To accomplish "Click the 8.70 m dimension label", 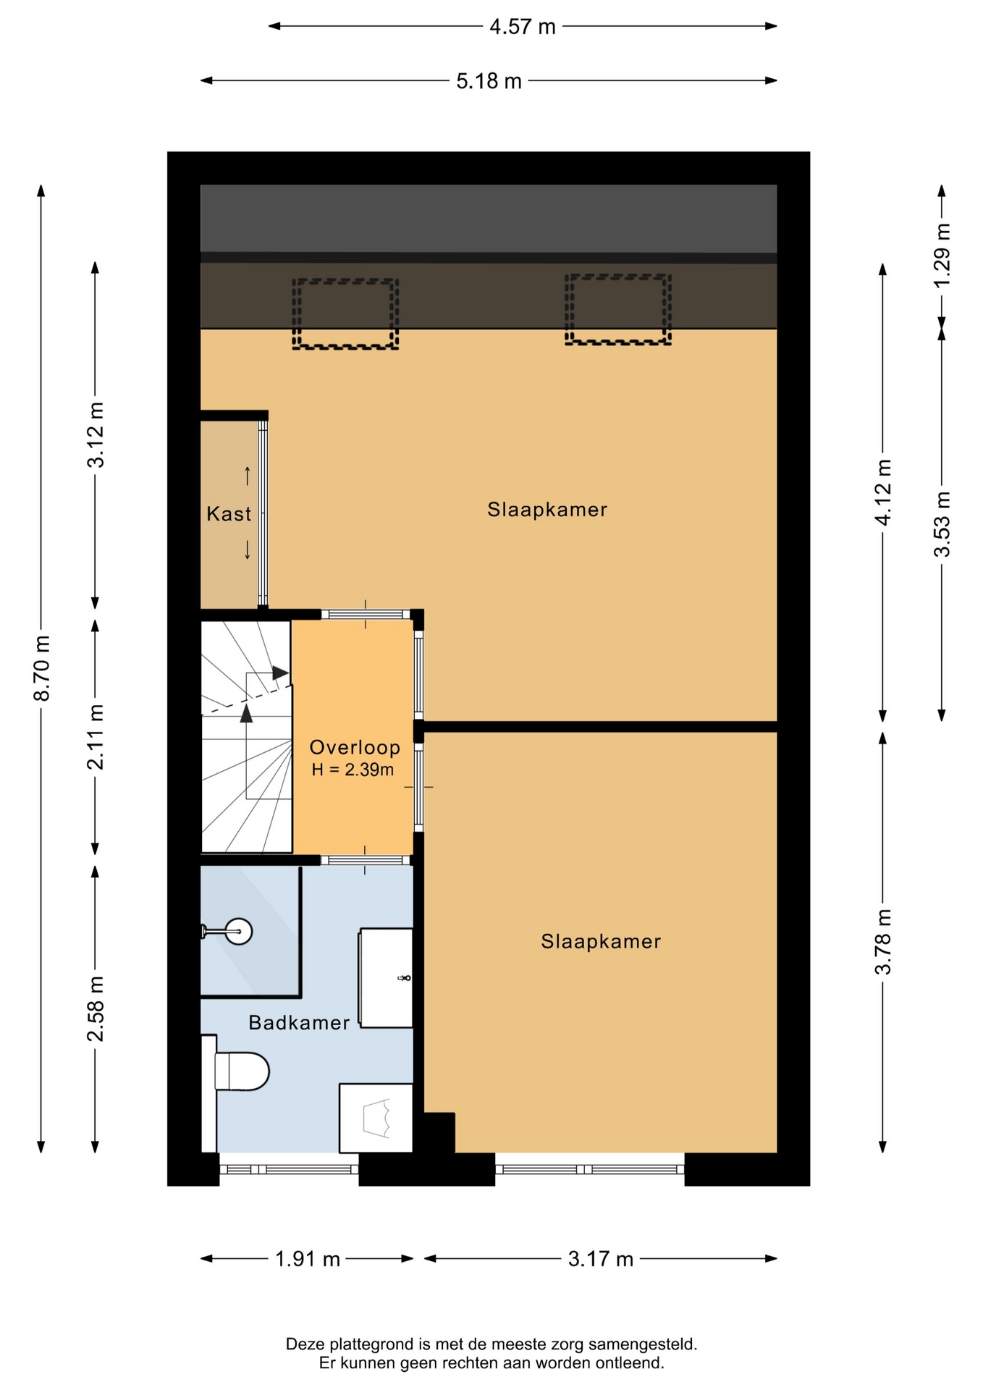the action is pyautogui.click(x=42, y=668).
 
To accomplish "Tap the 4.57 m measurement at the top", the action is pyautogui.click(x=523, y=27).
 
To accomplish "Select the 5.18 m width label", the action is pyautogui.click(x=489, y=81).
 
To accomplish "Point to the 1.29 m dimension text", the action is pyautogui.click(x=942, y=255).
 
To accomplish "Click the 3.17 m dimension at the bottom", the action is pyautogui.click(x=600, y=1259).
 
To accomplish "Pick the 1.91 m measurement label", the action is pyautogui.click(x=307, y=1259).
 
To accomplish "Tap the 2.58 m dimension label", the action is pyautogui.click(x=96, y=1008).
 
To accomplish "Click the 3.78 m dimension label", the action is pyautogui.click(x=883, y=941).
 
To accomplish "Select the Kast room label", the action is pyautogui.click(x=229, y=514).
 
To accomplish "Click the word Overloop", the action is pyautogui.click(x=355, y=747).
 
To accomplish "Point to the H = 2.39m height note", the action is pyautogui.click(x=353, y=770).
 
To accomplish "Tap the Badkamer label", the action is pyautogui.click(x=299, y=1022).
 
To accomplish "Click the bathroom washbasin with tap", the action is pyautogui.click(x=386, y=977).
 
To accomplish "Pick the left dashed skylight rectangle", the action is pyautogui.click(x=345, y=314).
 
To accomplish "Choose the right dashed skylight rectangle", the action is pyautogui.click(x=617, y=310).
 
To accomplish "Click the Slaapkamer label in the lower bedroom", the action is pyautogui.click(x=601, y=941).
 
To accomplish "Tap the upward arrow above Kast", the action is pyautogui.click(x=248, y=476).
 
